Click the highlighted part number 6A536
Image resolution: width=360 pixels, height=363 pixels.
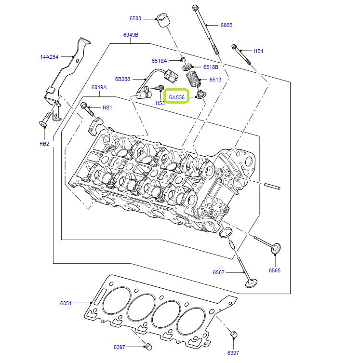(177, 97)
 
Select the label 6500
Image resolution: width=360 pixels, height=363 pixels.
(135, 18)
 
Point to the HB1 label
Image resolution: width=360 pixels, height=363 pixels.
(259, 51)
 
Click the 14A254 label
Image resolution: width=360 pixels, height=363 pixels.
(49, 57)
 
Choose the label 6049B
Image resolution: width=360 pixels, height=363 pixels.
(131, 35)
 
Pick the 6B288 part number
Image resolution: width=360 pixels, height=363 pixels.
(122, 79)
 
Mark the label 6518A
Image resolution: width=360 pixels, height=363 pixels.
(159, 61)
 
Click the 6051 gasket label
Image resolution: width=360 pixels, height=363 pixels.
(66, 303)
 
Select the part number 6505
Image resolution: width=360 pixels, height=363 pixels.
(274, 270)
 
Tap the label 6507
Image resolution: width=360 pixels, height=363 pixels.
(219, 272)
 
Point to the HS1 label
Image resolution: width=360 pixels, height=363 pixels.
(107, 107)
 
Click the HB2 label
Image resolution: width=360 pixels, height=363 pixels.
(44, 144)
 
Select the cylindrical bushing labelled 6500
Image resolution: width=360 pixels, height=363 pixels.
(164, 21)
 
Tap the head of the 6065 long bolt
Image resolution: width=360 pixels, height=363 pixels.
(195, 8)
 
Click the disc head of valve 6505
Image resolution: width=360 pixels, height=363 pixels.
(276, 249)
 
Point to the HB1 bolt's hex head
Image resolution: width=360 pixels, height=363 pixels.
(235, 47)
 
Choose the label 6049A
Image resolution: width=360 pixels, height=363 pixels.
(99, 87)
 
